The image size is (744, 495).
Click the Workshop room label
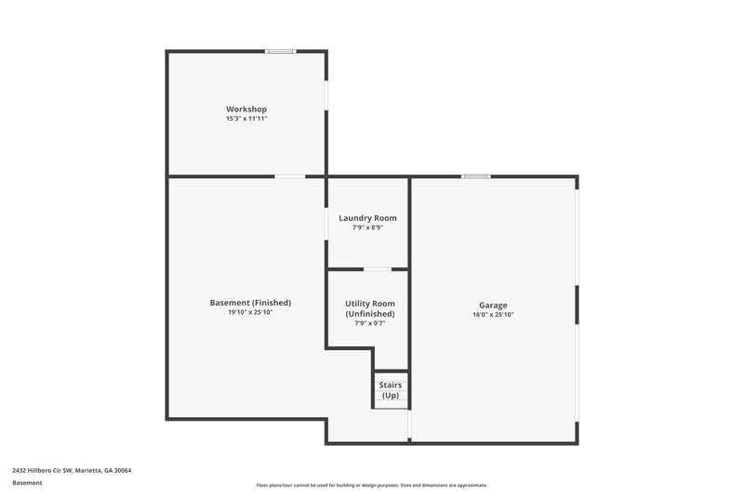pyautogui.click(x=246, y=110)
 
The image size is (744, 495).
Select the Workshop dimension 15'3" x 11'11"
pyautogui.click(x=246, y=119)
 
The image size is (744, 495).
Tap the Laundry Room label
pyautogui.click(x=367, y=218)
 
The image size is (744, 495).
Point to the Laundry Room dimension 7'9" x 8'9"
pyautogui.click(x=367, y=228)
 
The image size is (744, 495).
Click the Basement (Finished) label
pyautogui.click(x=250, y=303)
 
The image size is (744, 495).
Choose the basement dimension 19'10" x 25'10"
pyautogui.click(x=250, y=312)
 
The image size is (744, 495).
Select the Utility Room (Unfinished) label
pyautogui.click(x=370, y=308)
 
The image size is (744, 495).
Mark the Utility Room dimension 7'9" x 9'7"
pyautogui.click(x=370, y=323)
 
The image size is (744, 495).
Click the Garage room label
pyautogui.click(x=493, y=305)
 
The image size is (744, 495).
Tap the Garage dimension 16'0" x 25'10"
pyautogui.click(x=493, y=315)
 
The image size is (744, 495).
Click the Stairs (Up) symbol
pyautogui.click(x=392, y=390)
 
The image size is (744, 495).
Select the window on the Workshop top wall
pyautogui.click(x=280, y=51)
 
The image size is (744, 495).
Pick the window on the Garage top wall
pyautogui.click(x=476, y=176)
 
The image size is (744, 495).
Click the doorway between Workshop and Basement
pyautogui.click(x=289, y=176)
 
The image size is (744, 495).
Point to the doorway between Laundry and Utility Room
pyautogui.click(x=376, y=269)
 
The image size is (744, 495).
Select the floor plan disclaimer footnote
pyautogui.click(x=371, y=485)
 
